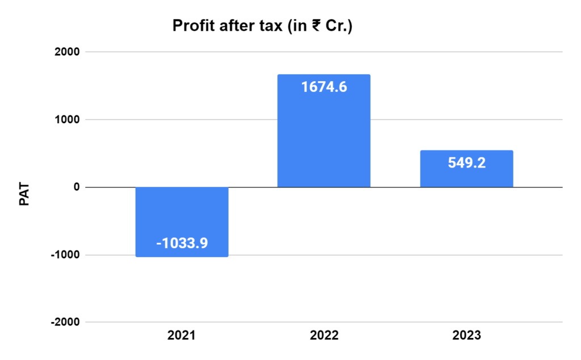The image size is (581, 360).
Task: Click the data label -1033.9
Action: [182, 244]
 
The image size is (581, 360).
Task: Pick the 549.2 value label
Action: [466, 163]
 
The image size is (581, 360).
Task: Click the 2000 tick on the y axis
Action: [67, 52]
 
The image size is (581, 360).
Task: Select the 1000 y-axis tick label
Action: [67, 120]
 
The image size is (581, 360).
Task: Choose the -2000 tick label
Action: [65, 322]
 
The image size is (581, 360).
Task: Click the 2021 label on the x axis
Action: [182, 336]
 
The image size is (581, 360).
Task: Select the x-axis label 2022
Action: [324, 336]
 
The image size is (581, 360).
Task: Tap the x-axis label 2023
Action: [466, 336]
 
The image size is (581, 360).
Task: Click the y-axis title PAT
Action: [24, 193]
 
